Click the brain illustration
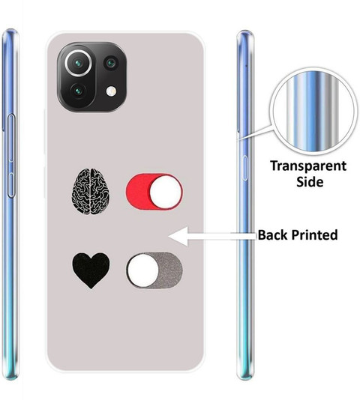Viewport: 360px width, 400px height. pyautogui.click(x=91, y=191)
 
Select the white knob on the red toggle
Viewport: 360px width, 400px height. pyautogui.click(x=166, y=192)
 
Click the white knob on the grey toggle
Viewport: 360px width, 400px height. pyautogui.click(x=142, y=270)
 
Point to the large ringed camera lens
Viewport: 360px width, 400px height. pyautogui.click(x=78, y=63)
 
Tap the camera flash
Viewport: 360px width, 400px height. pyautogui.click(x=111, y=91)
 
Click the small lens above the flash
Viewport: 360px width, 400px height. pyautogui.click(x=111, y=63)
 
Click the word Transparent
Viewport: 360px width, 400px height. pyautogui.click(x=308, y=166)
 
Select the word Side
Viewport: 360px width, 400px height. pyautogui.click(x=310, y=182)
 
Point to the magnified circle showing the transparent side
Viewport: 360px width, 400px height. pyautogui.click(x=313, y=113)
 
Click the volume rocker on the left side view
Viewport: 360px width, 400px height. pyautogui.click(x=11, y=139)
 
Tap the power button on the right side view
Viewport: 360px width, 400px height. pyautogui.click(x=244, y=168)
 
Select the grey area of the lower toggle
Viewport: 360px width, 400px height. pyautogui.click(x=171, y=270)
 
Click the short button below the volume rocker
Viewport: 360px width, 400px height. pyautogui.click(x=11, y=186)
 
